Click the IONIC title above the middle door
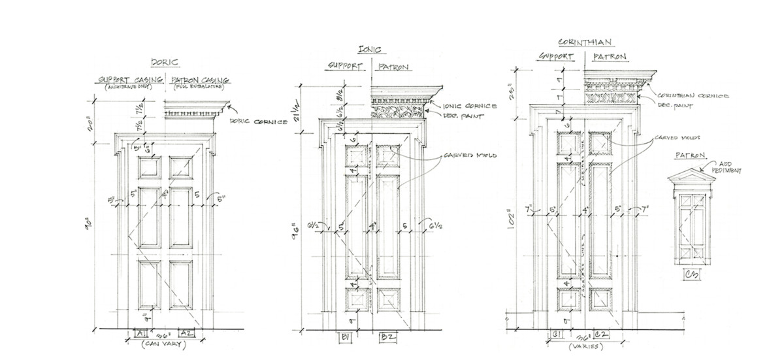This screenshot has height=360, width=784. click(x=370, y=50)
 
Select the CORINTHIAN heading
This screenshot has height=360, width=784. click(x=585, y=42)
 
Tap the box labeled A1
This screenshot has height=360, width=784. click(x=140, y=333)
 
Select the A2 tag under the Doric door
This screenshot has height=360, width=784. click(x=186, y=333)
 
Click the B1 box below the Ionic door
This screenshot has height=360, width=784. click(x=345, y=337)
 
